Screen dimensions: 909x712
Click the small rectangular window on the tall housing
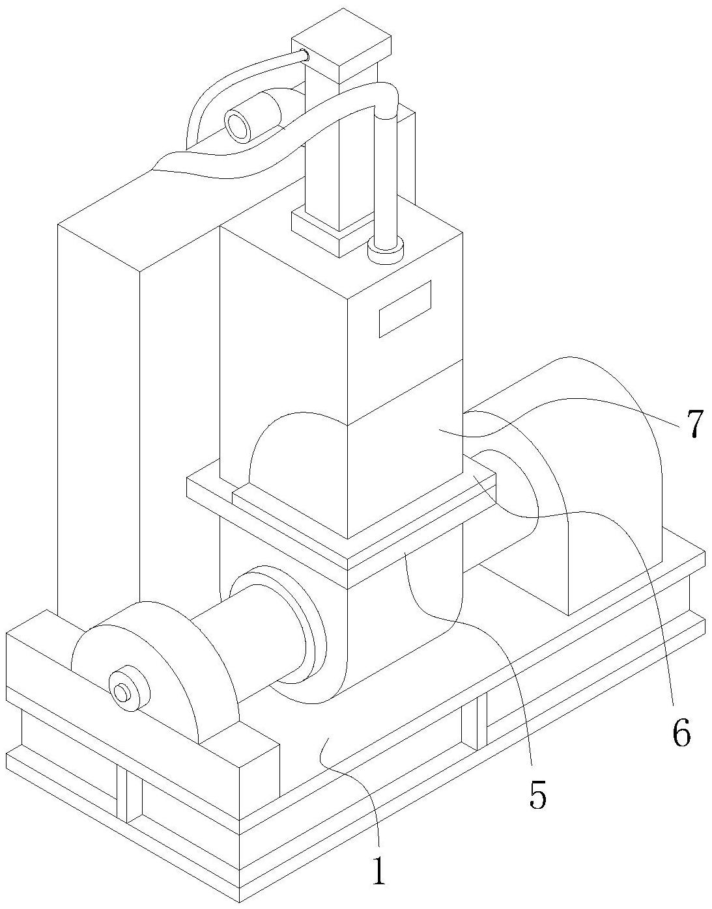405,308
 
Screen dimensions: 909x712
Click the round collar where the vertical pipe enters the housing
386,249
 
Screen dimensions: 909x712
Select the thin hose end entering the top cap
302,55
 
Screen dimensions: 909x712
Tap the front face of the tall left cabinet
98,416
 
